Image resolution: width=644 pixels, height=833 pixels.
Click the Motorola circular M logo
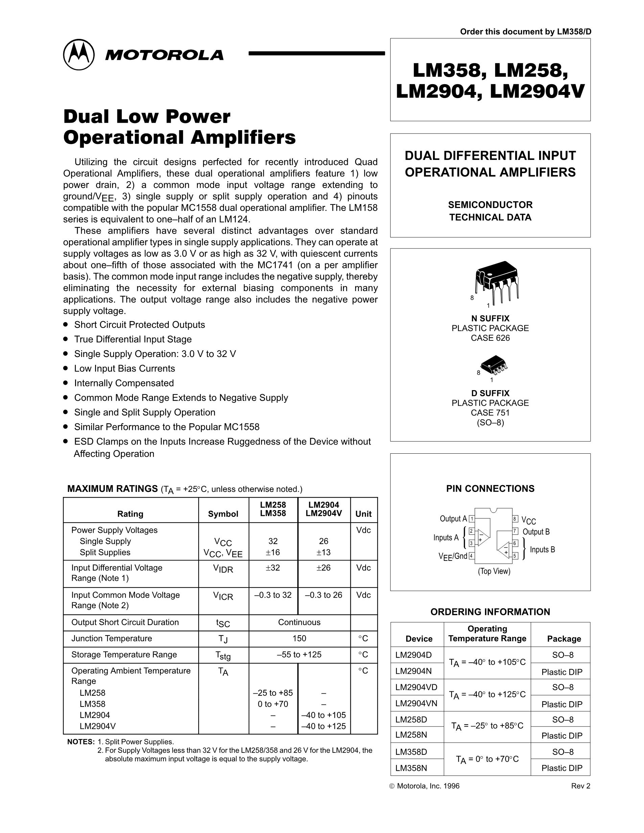pos(78,54)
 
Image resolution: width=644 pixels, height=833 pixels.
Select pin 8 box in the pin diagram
pos(515,519)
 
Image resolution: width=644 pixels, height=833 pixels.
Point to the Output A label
pos(453,519)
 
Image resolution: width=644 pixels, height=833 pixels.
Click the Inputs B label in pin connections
pos(542,550)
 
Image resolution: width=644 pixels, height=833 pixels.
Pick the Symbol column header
pos(223,514)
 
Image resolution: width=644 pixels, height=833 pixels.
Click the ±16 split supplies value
pos(273,552)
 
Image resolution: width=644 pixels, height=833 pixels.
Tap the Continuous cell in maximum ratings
pos(299,622)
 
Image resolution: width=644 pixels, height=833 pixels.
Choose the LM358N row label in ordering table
pos(411,768)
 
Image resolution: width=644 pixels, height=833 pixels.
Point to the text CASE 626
pos(490,338)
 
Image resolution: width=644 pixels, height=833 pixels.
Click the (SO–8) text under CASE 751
pos(490,423)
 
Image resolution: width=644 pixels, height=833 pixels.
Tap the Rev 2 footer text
pos(580,786)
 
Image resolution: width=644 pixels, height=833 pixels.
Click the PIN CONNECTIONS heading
pos(490,489)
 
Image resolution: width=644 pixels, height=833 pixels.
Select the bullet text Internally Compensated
pos(124,383)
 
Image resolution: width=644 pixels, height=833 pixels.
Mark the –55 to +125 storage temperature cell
pos(299,654)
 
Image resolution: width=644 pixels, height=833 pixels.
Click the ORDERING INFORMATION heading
pos(490,612)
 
